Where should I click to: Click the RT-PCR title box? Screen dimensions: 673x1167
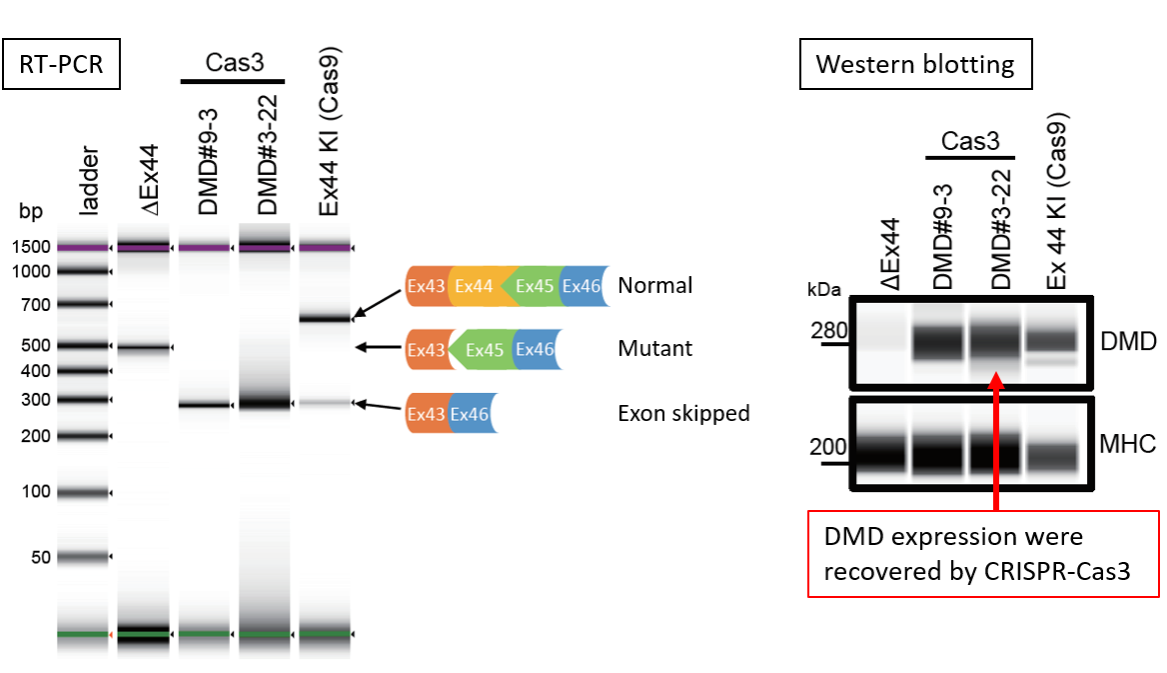point(62,67)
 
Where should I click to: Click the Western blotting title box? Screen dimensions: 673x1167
point(915,65)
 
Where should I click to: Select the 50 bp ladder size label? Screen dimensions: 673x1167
point(40,557)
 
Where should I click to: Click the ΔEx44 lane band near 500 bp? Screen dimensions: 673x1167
point(144,348)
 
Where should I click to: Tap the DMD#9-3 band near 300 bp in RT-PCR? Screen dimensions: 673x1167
point(204,405)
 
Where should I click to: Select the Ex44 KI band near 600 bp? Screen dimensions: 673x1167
point(325,319)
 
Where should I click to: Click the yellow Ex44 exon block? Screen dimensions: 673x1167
point(476,287)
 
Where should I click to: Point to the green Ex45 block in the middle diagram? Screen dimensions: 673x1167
point(483,351)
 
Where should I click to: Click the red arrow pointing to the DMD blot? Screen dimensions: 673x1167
point(995,440)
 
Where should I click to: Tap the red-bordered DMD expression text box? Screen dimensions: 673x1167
point(983,553)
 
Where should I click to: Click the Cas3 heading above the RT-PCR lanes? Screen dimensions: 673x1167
point(233,62)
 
